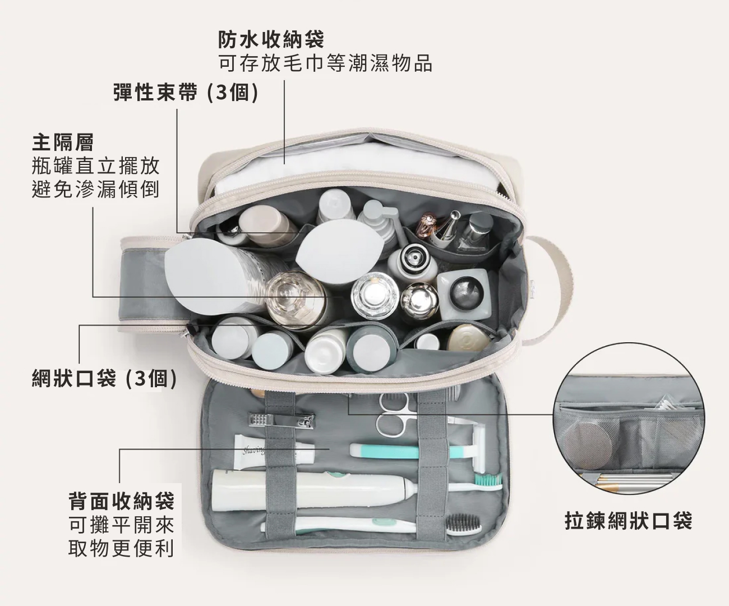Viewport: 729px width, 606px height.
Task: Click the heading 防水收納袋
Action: pyautogui.click(x=271, y=39)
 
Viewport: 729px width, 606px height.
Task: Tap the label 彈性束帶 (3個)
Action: pyautogui.click(x=186, y=92)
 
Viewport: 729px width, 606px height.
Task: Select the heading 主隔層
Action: pyautogui.click(x=63, y=143)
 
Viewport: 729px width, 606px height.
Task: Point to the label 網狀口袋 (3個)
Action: pyautogui.click(x=104, y=378)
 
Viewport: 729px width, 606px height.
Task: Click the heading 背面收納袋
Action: pyautogui.click(x=121, y=501)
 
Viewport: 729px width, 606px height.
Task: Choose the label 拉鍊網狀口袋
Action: pyautogui.click(x=628, y=521)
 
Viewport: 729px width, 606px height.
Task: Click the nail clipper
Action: pyautogui.click(x=282, y=420)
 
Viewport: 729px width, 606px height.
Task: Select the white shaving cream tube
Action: pyautogui.click(x=274, y=452)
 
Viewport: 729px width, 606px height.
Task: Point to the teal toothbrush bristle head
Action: pyautogui.click(x=489, y=481)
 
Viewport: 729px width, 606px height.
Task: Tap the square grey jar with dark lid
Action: pyautogui.click(x=463, y=294)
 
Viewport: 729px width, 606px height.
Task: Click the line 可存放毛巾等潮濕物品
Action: pyautogui.click(x=325, y=63)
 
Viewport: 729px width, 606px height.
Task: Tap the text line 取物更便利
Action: pyautogui.click(x=121, y=548)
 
